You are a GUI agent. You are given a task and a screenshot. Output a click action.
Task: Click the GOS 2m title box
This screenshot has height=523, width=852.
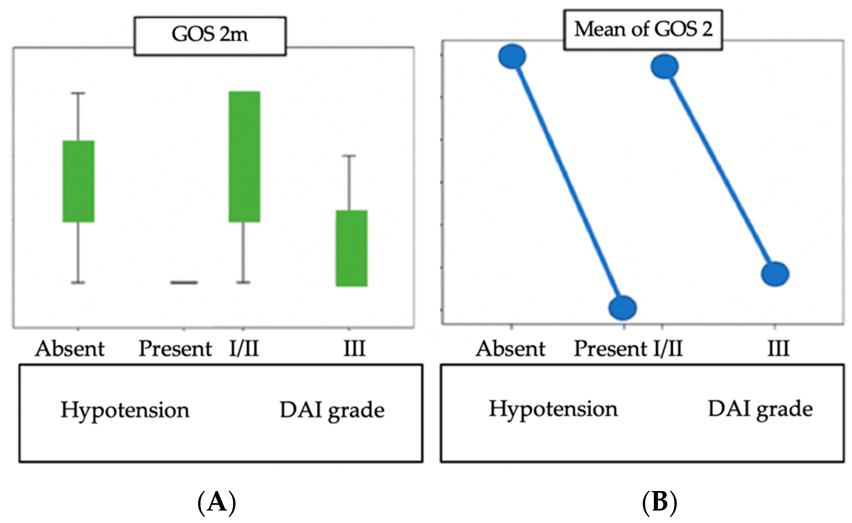(x=210, y=36)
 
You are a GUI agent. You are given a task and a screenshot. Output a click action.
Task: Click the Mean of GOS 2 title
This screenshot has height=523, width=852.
(x=643, y=29)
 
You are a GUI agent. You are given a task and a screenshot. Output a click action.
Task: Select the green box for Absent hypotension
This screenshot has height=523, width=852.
(x=78, y=181)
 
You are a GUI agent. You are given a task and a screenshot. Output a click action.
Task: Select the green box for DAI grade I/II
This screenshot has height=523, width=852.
(x=245, y=157)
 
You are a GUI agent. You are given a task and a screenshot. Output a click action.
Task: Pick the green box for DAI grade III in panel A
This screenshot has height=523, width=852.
(x=351, y=248)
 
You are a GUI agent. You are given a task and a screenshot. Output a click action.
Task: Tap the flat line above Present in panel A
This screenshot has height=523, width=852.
(x=184, y=283)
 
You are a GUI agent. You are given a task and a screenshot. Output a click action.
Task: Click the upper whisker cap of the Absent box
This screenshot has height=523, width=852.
(x=78, y=93)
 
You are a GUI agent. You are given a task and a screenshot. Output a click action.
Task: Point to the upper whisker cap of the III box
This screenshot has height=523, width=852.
(x=349, y=156)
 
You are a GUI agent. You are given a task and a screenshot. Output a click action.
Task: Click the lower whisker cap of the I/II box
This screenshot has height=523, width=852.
(x=244, y=283)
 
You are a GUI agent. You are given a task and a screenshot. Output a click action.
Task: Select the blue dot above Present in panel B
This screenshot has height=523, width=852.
(x=622, y=308)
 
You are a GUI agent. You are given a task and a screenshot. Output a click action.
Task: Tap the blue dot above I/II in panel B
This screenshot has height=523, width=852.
(x=665, y=67)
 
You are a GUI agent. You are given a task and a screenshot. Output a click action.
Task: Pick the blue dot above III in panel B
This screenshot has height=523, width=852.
(x=775, y=274)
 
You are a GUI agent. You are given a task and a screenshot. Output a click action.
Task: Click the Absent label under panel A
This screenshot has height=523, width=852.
(x=70, y=349)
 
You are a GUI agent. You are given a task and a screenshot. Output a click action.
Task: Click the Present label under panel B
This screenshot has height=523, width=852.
(x=610, y=349)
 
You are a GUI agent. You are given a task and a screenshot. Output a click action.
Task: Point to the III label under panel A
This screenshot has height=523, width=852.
(x=355, y=349)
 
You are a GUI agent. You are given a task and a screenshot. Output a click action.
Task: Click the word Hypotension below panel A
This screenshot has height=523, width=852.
(x=125, y=411)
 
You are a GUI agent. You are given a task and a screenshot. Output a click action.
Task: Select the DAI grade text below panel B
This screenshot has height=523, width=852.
(x=760, y=410)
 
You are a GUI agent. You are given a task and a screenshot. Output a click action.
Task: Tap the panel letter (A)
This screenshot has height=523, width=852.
(x=217, y=502)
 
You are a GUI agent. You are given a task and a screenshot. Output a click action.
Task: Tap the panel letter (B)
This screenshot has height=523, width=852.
(x=659, y=502)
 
